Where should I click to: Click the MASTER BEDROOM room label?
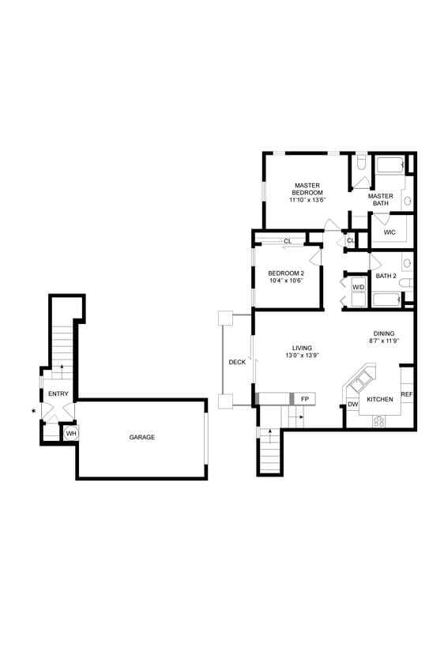point(307,189)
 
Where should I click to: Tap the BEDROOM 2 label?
point(285,273)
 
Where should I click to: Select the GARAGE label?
point(142,437)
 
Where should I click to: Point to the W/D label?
point(358,287)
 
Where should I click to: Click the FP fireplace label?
point(304,399)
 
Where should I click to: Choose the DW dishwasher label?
point(352,405)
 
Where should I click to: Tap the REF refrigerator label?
point(406,394)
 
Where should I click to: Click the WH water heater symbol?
point(71,433)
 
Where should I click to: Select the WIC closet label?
point(389,232)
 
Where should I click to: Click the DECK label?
point(237,362)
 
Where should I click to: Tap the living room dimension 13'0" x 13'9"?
point(301,356)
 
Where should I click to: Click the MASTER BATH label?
point(380,200)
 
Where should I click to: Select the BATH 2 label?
point(386,276)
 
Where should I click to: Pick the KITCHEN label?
point(379,400)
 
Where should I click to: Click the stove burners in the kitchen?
point(379,420)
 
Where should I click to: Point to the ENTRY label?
point(58,394)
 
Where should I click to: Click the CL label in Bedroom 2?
point(288,241)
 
